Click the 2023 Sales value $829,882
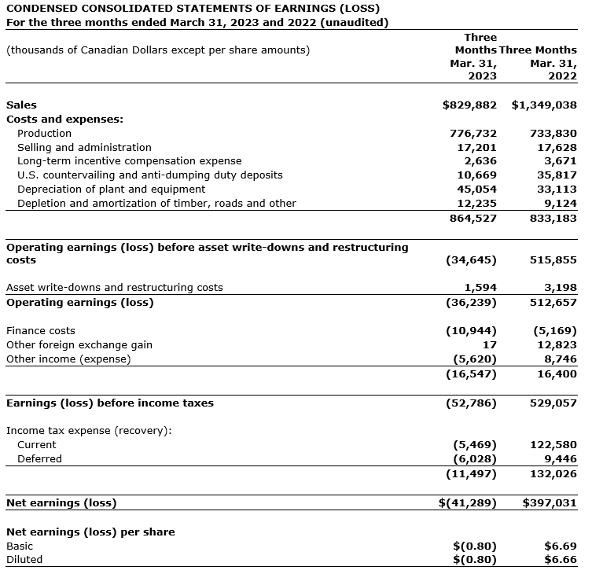[x=469, y=105]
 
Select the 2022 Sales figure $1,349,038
[x=544, y=105]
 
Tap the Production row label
[x=44, y=134]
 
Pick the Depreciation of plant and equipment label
[x=111, y=189]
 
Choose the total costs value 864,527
[x=473, y=218]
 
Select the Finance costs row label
[x=41, y=331]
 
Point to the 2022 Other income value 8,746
[x=561, y=359]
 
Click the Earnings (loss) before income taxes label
[x=110, y=403]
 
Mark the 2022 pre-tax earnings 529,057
[x=554, y=403]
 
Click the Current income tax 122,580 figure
[x=554, y=445]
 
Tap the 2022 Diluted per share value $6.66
[x=561, y=560]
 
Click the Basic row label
[x=20, y=546]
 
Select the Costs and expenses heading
[x=64, y=120]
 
